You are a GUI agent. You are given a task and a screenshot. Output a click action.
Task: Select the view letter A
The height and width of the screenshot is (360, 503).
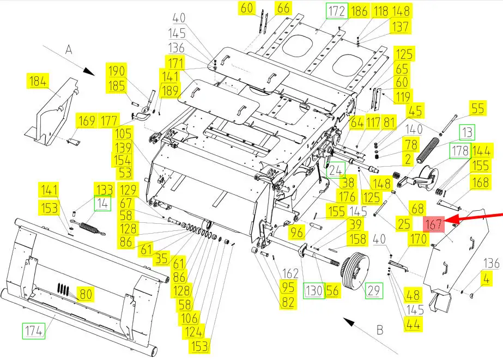[x=69, y=50]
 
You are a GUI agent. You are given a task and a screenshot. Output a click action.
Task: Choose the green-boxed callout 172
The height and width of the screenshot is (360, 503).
[x=336, y=11]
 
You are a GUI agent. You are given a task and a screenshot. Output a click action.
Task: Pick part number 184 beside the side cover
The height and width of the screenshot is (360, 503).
[x=38, y=82]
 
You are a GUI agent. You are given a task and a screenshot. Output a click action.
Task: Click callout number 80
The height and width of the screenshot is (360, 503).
[x=85, y=295]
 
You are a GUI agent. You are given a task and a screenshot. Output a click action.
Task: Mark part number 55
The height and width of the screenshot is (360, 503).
[x=477, y=108]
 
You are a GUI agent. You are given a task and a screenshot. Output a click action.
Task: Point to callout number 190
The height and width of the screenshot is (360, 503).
[x=117, y=71]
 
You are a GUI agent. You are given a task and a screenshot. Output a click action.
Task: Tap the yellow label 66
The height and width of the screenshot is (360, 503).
[x=283, y=8]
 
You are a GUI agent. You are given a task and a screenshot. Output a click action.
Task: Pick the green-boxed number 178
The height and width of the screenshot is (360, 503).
[x=459, y=151]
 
